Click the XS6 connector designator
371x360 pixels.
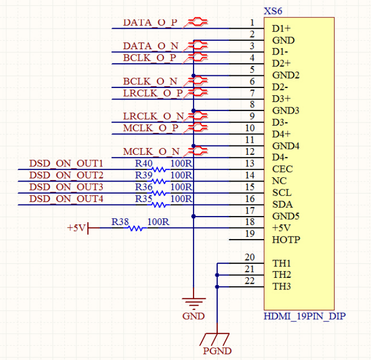tap(273, 11)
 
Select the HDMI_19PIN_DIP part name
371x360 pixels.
tap(305, 316)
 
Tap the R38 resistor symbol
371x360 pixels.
tap(136, 228)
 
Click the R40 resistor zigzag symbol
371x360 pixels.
tap(159, 170)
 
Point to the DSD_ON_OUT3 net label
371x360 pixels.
tap(66, 187)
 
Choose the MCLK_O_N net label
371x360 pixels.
tap(151, 152)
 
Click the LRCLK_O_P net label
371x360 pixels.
tap(153, 93)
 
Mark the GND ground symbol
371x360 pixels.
tap(194, 303)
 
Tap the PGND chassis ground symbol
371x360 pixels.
tap(215, 339)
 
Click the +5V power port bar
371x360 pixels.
tap(88, 228)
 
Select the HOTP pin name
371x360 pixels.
tap(286, 240)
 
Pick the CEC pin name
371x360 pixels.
tap(283, 169)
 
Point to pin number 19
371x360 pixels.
tap(250, 234)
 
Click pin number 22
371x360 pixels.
tap(250, 281)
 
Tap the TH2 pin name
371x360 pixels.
tap(282, 275)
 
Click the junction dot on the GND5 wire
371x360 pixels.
tap(194, 216)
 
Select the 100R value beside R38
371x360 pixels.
tap(159, 222)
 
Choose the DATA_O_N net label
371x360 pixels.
tap(151, 46)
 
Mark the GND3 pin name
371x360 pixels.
tap(286, 110)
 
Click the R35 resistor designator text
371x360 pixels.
tap(143, 199)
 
